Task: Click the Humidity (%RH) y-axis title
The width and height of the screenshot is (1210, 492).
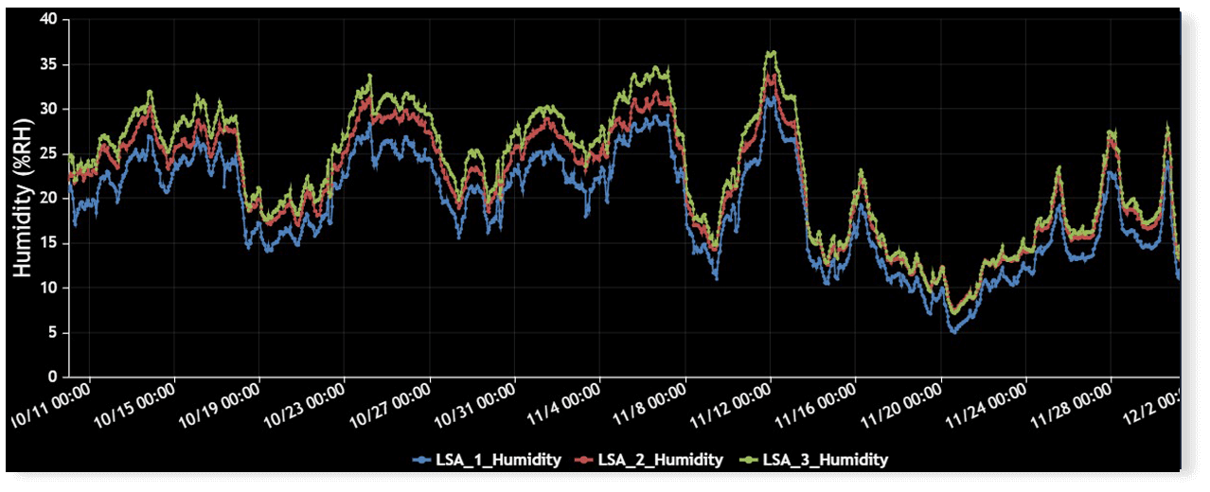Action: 24,199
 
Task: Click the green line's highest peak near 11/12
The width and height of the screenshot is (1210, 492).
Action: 773,52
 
